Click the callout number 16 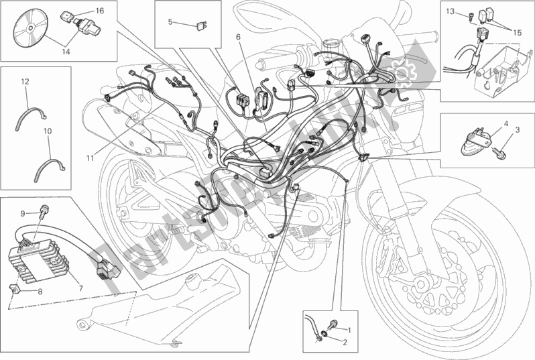coord(99,11)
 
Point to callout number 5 coord(170,22)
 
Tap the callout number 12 coord(24,81)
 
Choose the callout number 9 coord(23,213)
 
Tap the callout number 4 coord(506,123)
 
